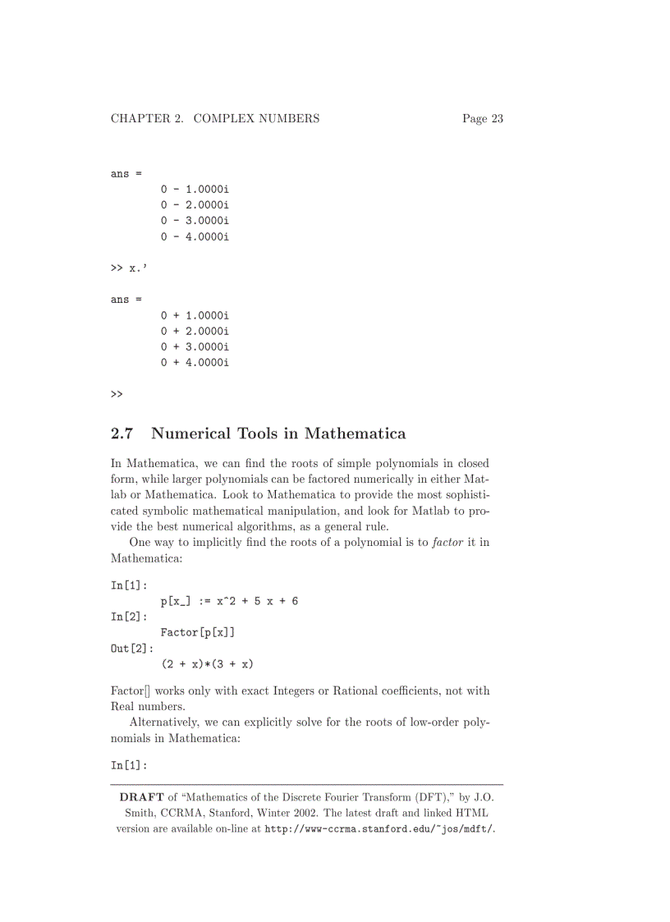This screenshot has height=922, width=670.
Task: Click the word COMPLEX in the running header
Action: tap(225, 119)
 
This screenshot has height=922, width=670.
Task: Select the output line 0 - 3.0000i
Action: tap(195, 221)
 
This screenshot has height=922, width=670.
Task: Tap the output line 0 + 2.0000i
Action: tap(195, 331)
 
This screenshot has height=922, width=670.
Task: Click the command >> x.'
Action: tap(129, 268)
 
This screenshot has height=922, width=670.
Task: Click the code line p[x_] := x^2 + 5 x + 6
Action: tap(229, 602)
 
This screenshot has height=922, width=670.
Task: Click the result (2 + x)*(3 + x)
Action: tap(207, 663)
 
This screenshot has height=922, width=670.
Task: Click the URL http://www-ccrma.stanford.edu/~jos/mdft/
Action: tap(379, 829)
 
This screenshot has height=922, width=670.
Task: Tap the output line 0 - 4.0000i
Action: tap(195, 236)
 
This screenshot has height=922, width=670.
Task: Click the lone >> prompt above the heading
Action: tap(117, 394)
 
